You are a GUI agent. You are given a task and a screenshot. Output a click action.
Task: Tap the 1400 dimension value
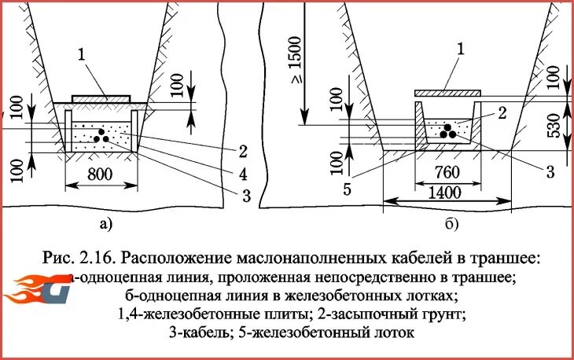point(446,191)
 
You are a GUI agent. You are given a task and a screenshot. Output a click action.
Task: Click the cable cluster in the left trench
point(100,135)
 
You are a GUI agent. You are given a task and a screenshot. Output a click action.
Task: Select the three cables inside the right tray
point(447,130)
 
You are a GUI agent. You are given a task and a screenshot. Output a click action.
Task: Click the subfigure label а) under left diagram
point(106,225)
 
